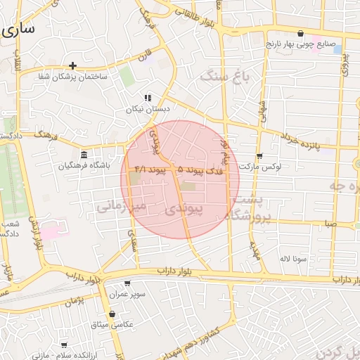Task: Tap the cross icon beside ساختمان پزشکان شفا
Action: [x=72, y=65]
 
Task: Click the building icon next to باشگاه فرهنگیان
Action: [x=84, y=155]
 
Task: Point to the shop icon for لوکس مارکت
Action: [x=259, y=156]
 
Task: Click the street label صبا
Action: [x=330, y=224]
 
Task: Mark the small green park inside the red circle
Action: [x=189, y=186]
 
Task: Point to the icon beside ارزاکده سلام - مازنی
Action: [x=65, y=345]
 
